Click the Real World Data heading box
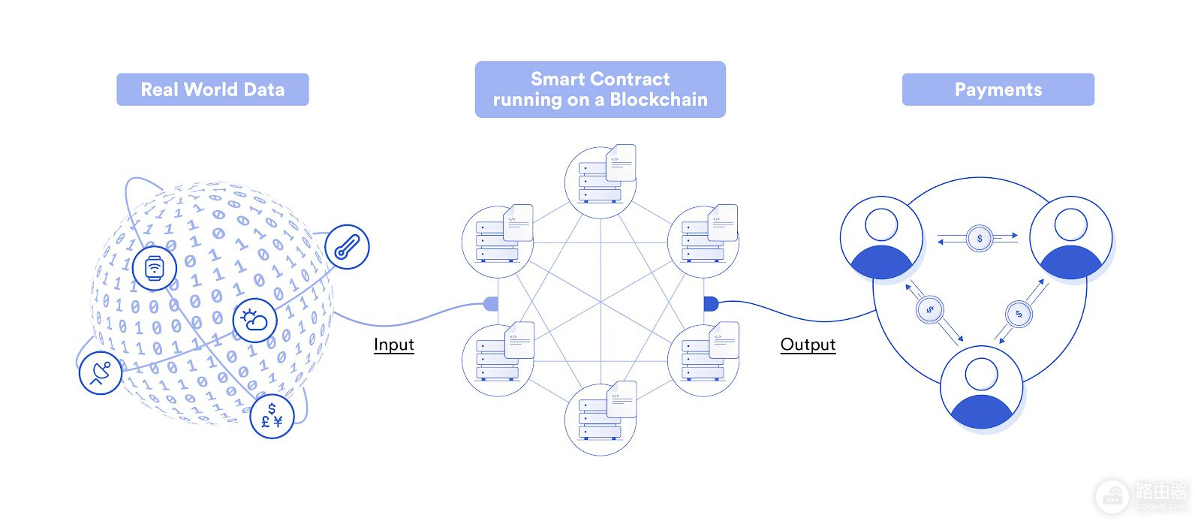(213, 89)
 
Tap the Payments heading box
(998, 89)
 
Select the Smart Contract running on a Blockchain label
(600, 89)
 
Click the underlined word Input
(394, 345)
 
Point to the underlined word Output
(808, 345)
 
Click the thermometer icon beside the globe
(348, 247)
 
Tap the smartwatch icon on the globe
(155, 268)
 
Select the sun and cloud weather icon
(255, 320)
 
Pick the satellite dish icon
(101, 372)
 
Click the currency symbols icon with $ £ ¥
(272, 417)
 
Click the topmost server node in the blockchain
(600, 181)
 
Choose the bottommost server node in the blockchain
(600, 419)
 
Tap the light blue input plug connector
(491, 304)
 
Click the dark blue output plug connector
(711, 304)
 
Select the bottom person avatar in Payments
(982, 387)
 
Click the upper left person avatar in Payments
(881, 237)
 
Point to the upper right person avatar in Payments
(1071, 237)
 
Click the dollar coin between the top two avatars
(980, 239)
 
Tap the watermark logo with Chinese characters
(1142, 497)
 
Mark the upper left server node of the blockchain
(498, 241)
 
